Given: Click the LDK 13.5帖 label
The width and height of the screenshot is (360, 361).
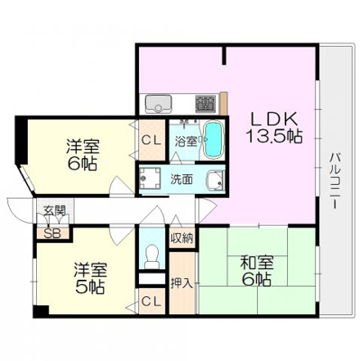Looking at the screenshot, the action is [274, 127].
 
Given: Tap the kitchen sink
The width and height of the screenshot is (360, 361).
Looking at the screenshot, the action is [159, 104].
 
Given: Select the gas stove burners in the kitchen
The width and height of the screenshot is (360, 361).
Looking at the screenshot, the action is [206, 104].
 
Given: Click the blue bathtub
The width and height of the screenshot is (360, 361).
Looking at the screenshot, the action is [214, 139].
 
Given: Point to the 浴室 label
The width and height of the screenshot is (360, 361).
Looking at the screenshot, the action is [186, 141].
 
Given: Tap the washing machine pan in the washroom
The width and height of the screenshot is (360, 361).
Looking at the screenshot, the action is [149, 178].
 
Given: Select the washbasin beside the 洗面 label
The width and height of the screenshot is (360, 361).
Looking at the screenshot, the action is [215, 180].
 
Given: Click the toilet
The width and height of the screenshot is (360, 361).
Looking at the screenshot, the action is [152, 256].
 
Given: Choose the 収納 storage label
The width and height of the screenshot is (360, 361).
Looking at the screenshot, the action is [182, 238].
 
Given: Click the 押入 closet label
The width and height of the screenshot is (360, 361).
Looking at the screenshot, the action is [181, 283].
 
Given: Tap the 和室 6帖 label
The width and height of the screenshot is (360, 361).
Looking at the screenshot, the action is [257, 272].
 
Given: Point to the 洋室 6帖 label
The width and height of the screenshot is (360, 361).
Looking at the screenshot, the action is [82, 154].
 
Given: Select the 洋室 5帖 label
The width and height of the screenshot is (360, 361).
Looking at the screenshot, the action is [90, 278].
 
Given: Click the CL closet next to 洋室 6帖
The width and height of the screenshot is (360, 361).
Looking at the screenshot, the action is [152, 140].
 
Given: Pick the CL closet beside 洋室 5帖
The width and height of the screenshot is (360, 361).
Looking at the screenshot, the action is [152, 301].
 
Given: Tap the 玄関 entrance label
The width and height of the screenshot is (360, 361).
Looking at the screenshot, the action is [54, 210].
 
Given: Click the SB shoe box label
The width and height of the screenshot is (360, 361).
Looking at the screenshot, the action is [52, 234].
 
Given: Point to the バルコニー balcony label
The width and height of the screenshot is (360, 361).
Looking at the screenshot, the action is [334, 181].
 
